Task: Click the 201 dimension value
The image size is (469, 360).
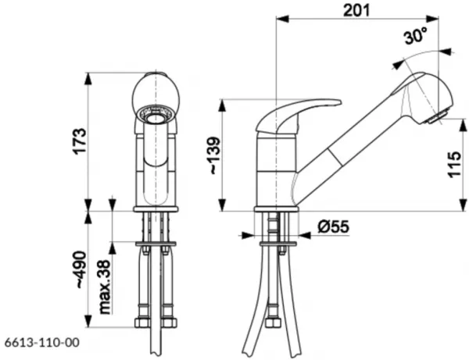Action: click(356, 10)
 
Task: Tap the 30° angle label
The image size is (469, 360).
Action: click(416, 36)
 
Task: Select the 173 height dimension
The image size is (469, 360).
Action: click(81, 141)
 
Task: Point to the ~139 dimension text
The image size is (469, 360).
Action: click(215, 155)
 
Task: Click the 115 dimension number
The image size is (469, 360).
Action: click(454, 165)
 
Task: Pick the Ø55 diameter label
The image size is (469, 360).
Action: click(333, 226)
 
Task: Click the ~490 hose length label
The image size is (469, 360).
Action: click(81, 269)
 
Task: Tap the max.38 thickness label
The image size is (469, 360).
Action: click(105, 287)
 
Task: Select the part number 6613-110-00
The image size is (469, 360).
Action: click(42, 342)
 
